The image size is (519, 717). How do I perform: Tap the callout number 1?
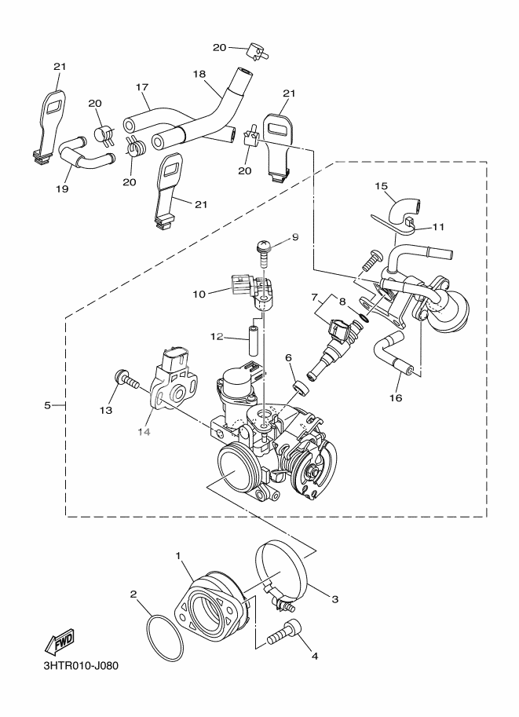click(x=179, y=556)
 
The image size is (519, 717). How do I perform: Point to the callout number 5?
click(x=49, y=405)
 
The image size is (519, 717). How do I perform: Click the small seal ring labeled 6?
click(x=301, y=387)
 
